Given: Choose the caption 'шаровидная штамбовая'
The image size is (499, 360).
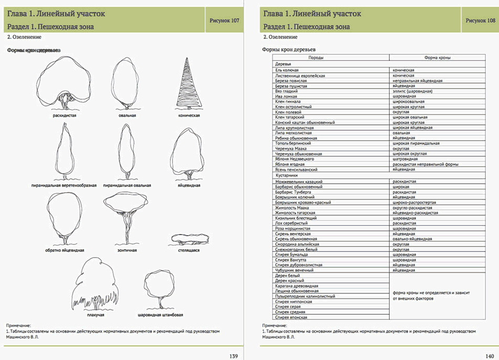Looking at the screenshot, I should click(160, 315).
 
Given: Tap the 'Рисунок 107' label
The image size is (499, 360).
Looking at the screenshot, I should click(224, 20).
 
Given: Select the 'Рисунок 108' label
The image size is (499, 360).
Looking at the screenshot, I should click(480, 20).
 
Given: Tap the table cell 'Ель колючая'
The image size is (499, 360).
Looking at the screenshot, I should click(287, 69).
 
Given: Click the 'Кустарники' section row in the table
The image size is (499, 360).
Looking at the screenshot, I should click(287, 175).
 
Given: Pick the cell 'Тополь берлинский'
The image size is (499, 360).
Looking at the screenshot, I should click(293, 143).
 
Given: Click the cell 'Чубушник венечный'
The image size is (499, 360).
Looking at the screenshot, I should click(294, 270).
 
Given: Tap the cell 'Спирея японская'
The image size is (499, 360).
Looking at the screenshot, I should click(290, 317).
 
